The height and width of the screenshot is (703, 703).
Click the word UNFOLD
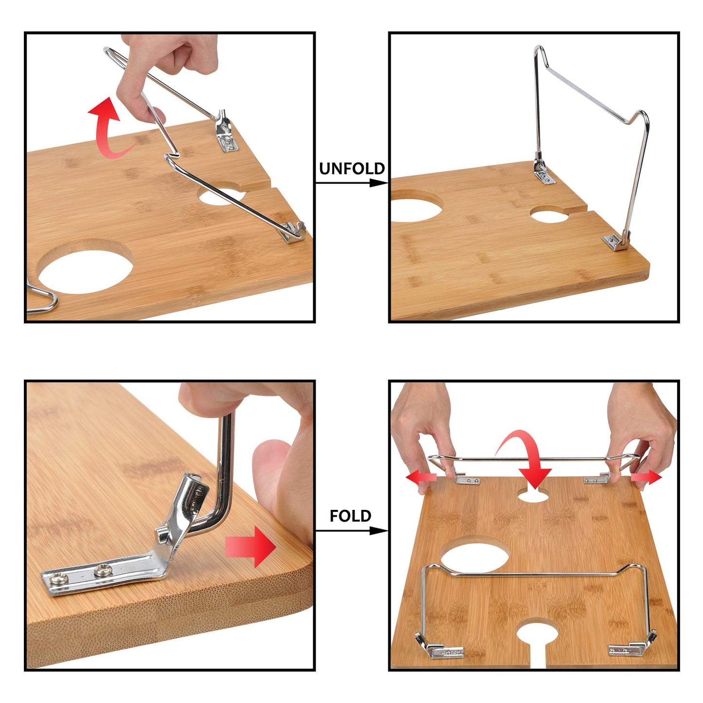coord(352,169)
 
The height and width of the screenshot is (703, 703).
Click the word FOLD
coord(350,516)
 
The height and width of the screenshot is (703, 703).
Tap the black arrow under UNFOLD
coord(351,183)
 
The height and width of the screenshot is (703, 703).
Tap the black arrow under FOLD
coord(351,531)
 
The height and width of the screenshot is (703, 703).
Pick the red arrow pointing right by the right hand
coord(647,477)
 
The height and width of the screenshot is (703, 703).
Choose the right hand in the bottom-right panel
coord(642,428)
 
